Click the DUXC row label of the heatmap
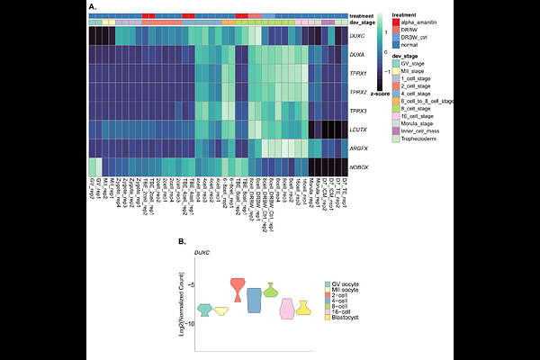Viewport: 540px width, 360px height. [x=357, y=35]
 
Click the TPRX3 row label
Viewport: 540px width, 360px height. [x=359, y=111]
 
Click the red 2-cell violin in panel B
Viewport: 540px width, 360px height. [x=237, y=289]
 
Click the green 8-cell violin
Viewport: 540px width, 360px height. [x=270, y=290]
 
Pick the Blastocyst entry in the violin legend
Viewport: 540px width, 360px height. [x=346, y=317]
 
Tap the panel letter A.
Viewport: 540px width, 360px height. [x=92, y=6]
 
